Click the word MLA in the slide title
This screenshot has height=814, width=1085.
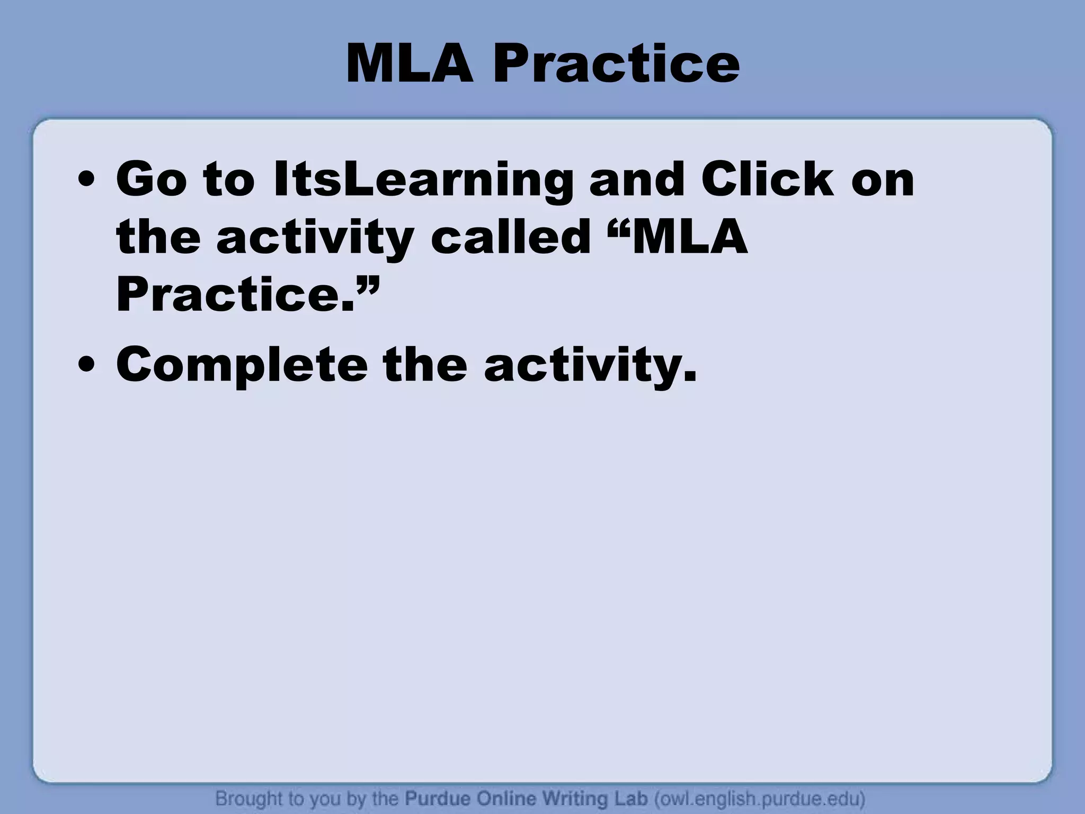(x=409, y=65)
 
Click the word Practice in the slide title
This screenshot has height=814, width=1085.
(x=616, y=65)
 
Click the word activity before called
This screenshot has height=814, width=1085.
(x=315, y=238)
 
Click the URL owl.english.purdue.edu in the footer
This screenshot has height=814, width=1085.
(x=760, y=798)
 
